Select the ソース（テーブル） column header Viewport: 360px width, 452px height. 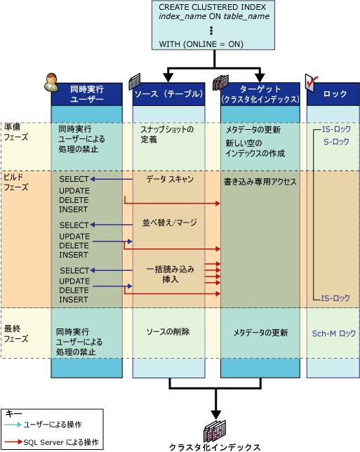pyautogui.click(x=169, y=94)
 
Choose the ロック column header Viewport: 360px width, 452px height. pyautogui.click(x=333, y=94)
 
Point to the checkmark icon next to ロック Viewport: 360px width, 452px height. pyautogui.click(x=313, y=82)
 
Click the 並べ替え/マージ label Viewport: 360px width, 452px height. pyautogui.click(x=169, y=222)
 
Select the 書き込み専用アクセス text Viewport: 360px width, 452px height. pyautogui.click(x=260, y=182)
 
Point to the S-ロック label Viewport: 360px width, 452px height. pyautogui.click(x=335, y=142)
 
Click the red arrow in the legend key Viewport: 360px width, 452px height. pyautogui.click(x=12, y=442)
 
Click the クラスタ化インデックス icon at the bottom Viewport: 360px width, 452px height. pyautogui.click(x=213, y=432)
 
